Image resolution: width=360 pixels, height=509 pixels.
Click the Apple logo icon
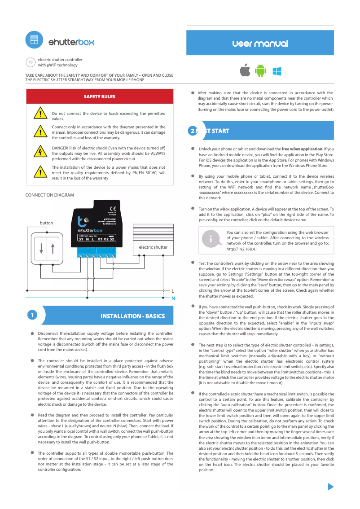tap(245, 70)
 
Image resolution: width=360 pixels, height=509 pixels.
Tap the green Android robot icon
tap(260, 71)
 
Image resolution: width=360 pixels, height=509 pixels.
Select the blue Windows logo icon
tap(277, 71)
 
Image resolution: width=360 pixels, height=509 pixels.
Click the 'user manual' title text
tap(260, 44)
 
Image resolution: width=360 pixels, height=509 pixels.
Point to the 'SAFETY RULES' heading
tap(100, 97)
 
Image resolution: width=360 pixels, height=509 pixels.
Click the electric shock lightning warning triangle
tap(41, 152)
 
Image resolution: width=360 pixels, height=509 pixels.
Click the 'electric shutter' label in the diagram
tap(153, 247)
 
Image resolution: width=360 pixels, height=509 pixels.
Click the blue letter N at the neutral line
tap(173, 298)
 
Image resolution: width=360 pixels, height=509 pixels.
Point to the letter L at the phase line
tap(173, 291)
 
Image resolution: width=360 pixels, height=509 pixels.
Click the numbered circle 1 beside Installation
tap(32, 315)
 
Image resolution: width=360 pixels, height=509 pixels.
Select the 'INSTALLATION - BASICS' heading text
tap(132, 316)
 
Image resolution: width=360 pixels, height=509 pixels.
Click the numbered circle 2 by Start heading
tap(193, 131)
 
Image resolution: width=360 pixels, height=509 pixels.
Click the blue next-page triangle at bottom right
tap(331, 487)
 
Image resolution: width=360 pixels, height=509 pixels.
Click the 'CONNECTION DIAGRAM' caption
tap(49, 195)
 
